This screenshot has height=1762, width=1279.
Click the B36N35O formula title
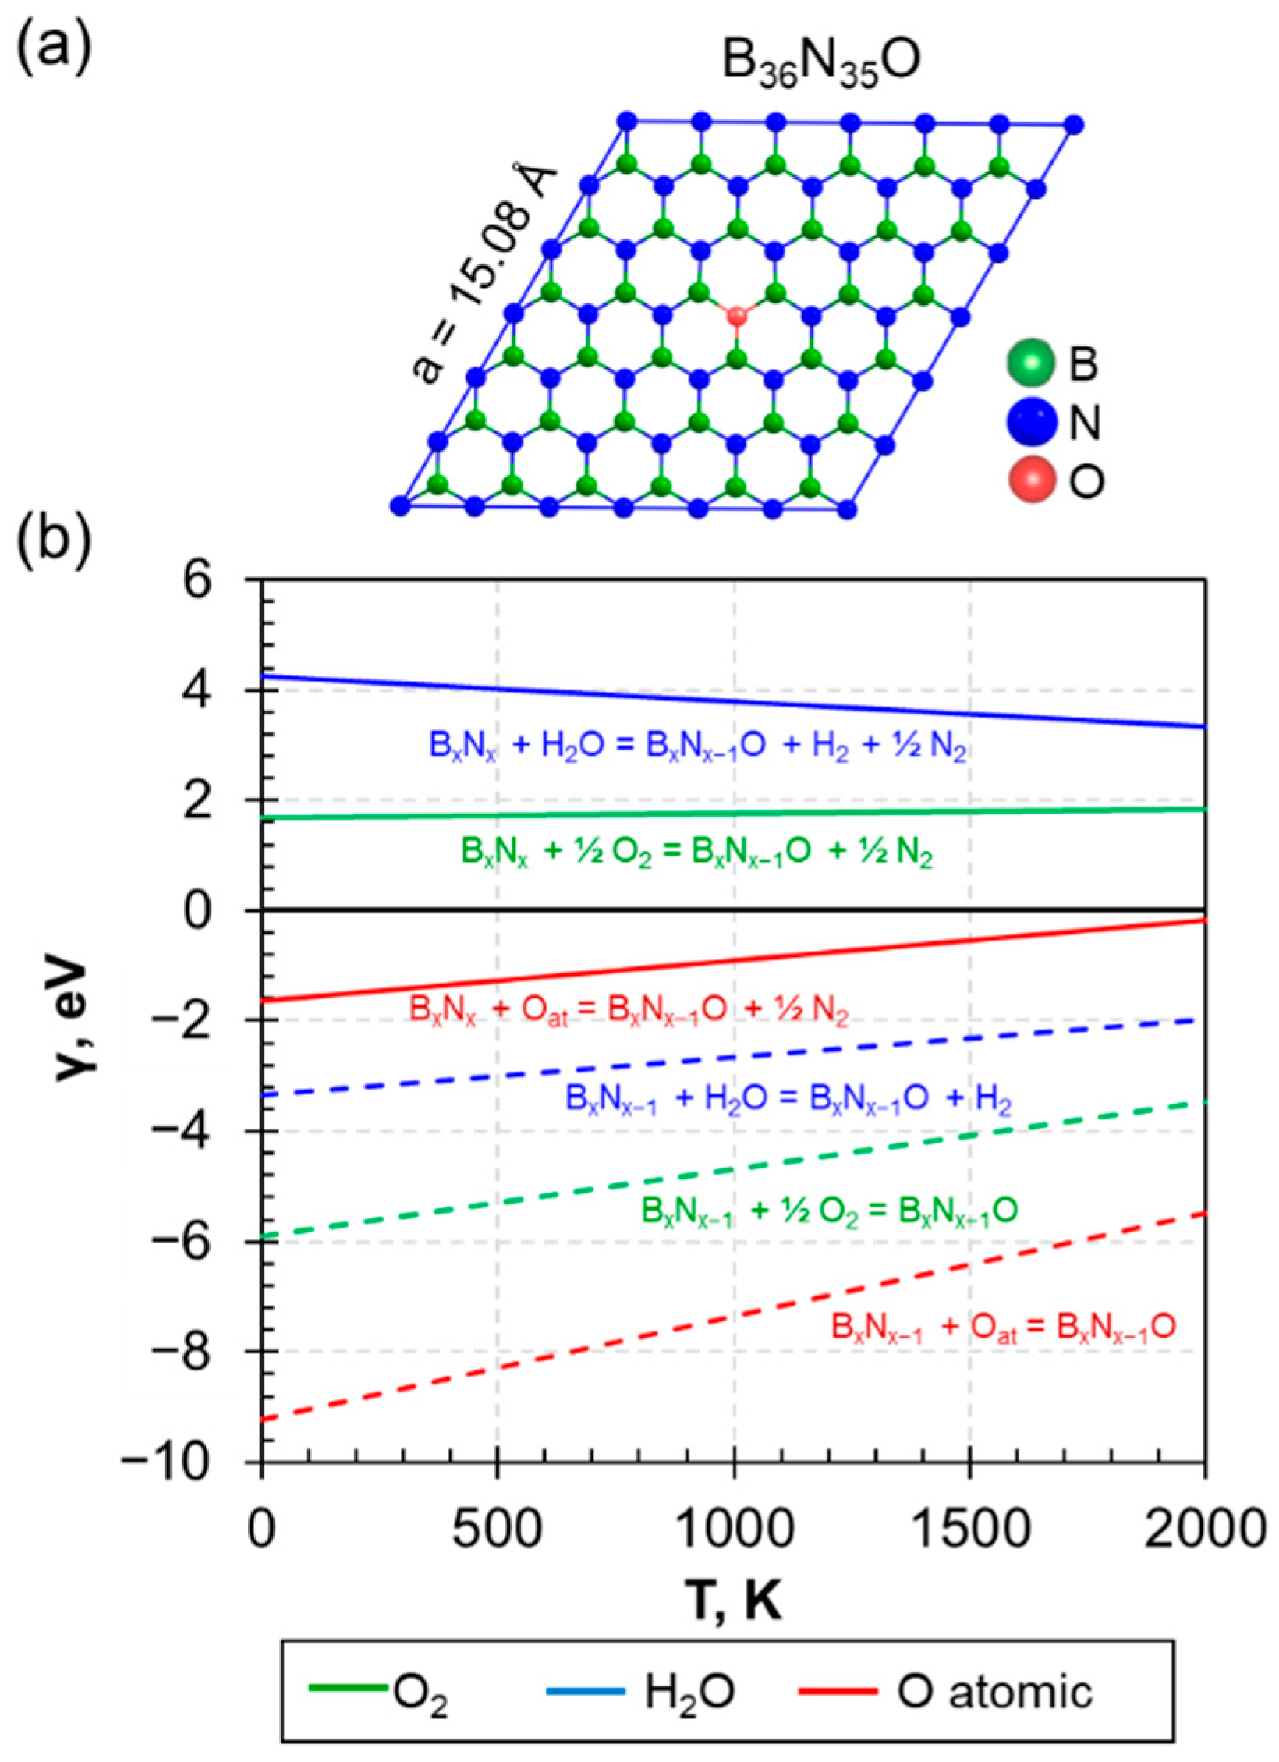(821, 63)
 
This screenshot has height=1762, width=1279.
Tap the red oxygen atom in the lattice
(736, 316)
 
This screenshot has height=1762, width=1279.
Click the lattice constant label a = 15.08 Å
(484, 273)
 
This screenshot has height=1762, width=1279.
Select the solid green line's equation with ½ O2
(696, 853)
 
